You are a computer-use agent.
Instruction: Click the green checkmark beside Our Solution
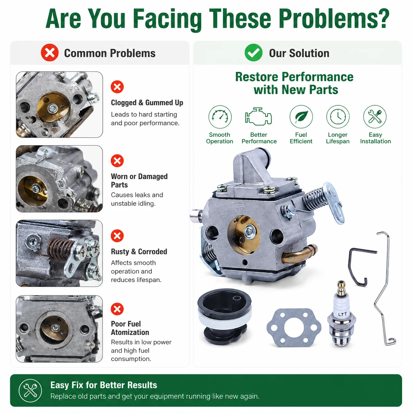coord(253,53)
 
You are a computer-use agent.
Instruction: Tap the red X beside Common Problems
coord(50,53)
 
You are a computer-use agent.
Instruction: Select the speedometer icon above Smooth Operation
coord(220,117)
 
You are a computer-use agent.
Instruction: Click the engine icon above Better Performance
coord(258,117)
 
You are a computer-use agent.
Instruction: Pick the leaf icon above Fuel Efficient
coord(301,117)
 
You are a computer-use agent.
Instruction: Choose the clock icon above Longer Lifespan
coord(338,117)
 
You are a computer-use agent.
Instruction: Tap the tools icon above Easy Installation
coord(375,117)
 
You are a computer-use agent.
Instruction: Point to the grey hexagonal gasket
coord(294,328)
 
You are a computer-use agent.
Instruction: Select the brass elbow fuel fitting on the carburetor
coord(299,254)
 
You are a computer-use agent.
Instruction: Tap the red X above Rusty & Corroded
coord(117,236)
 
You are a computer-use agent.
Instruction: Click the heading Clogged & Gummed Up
coord(147,103)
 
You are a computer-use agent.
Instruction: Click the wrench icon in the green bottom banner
coord(30,391)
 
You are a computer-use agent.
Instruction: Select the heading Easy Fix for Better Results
coord(104,385)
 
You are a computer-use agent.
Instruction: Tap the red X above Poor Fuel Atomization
coord(117,309)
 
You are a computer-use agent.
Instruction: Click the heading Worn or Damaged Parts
coord(139,180)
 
